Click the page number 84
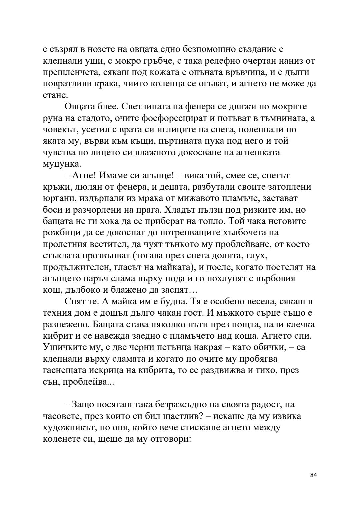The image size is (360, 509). pos(313,484)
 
